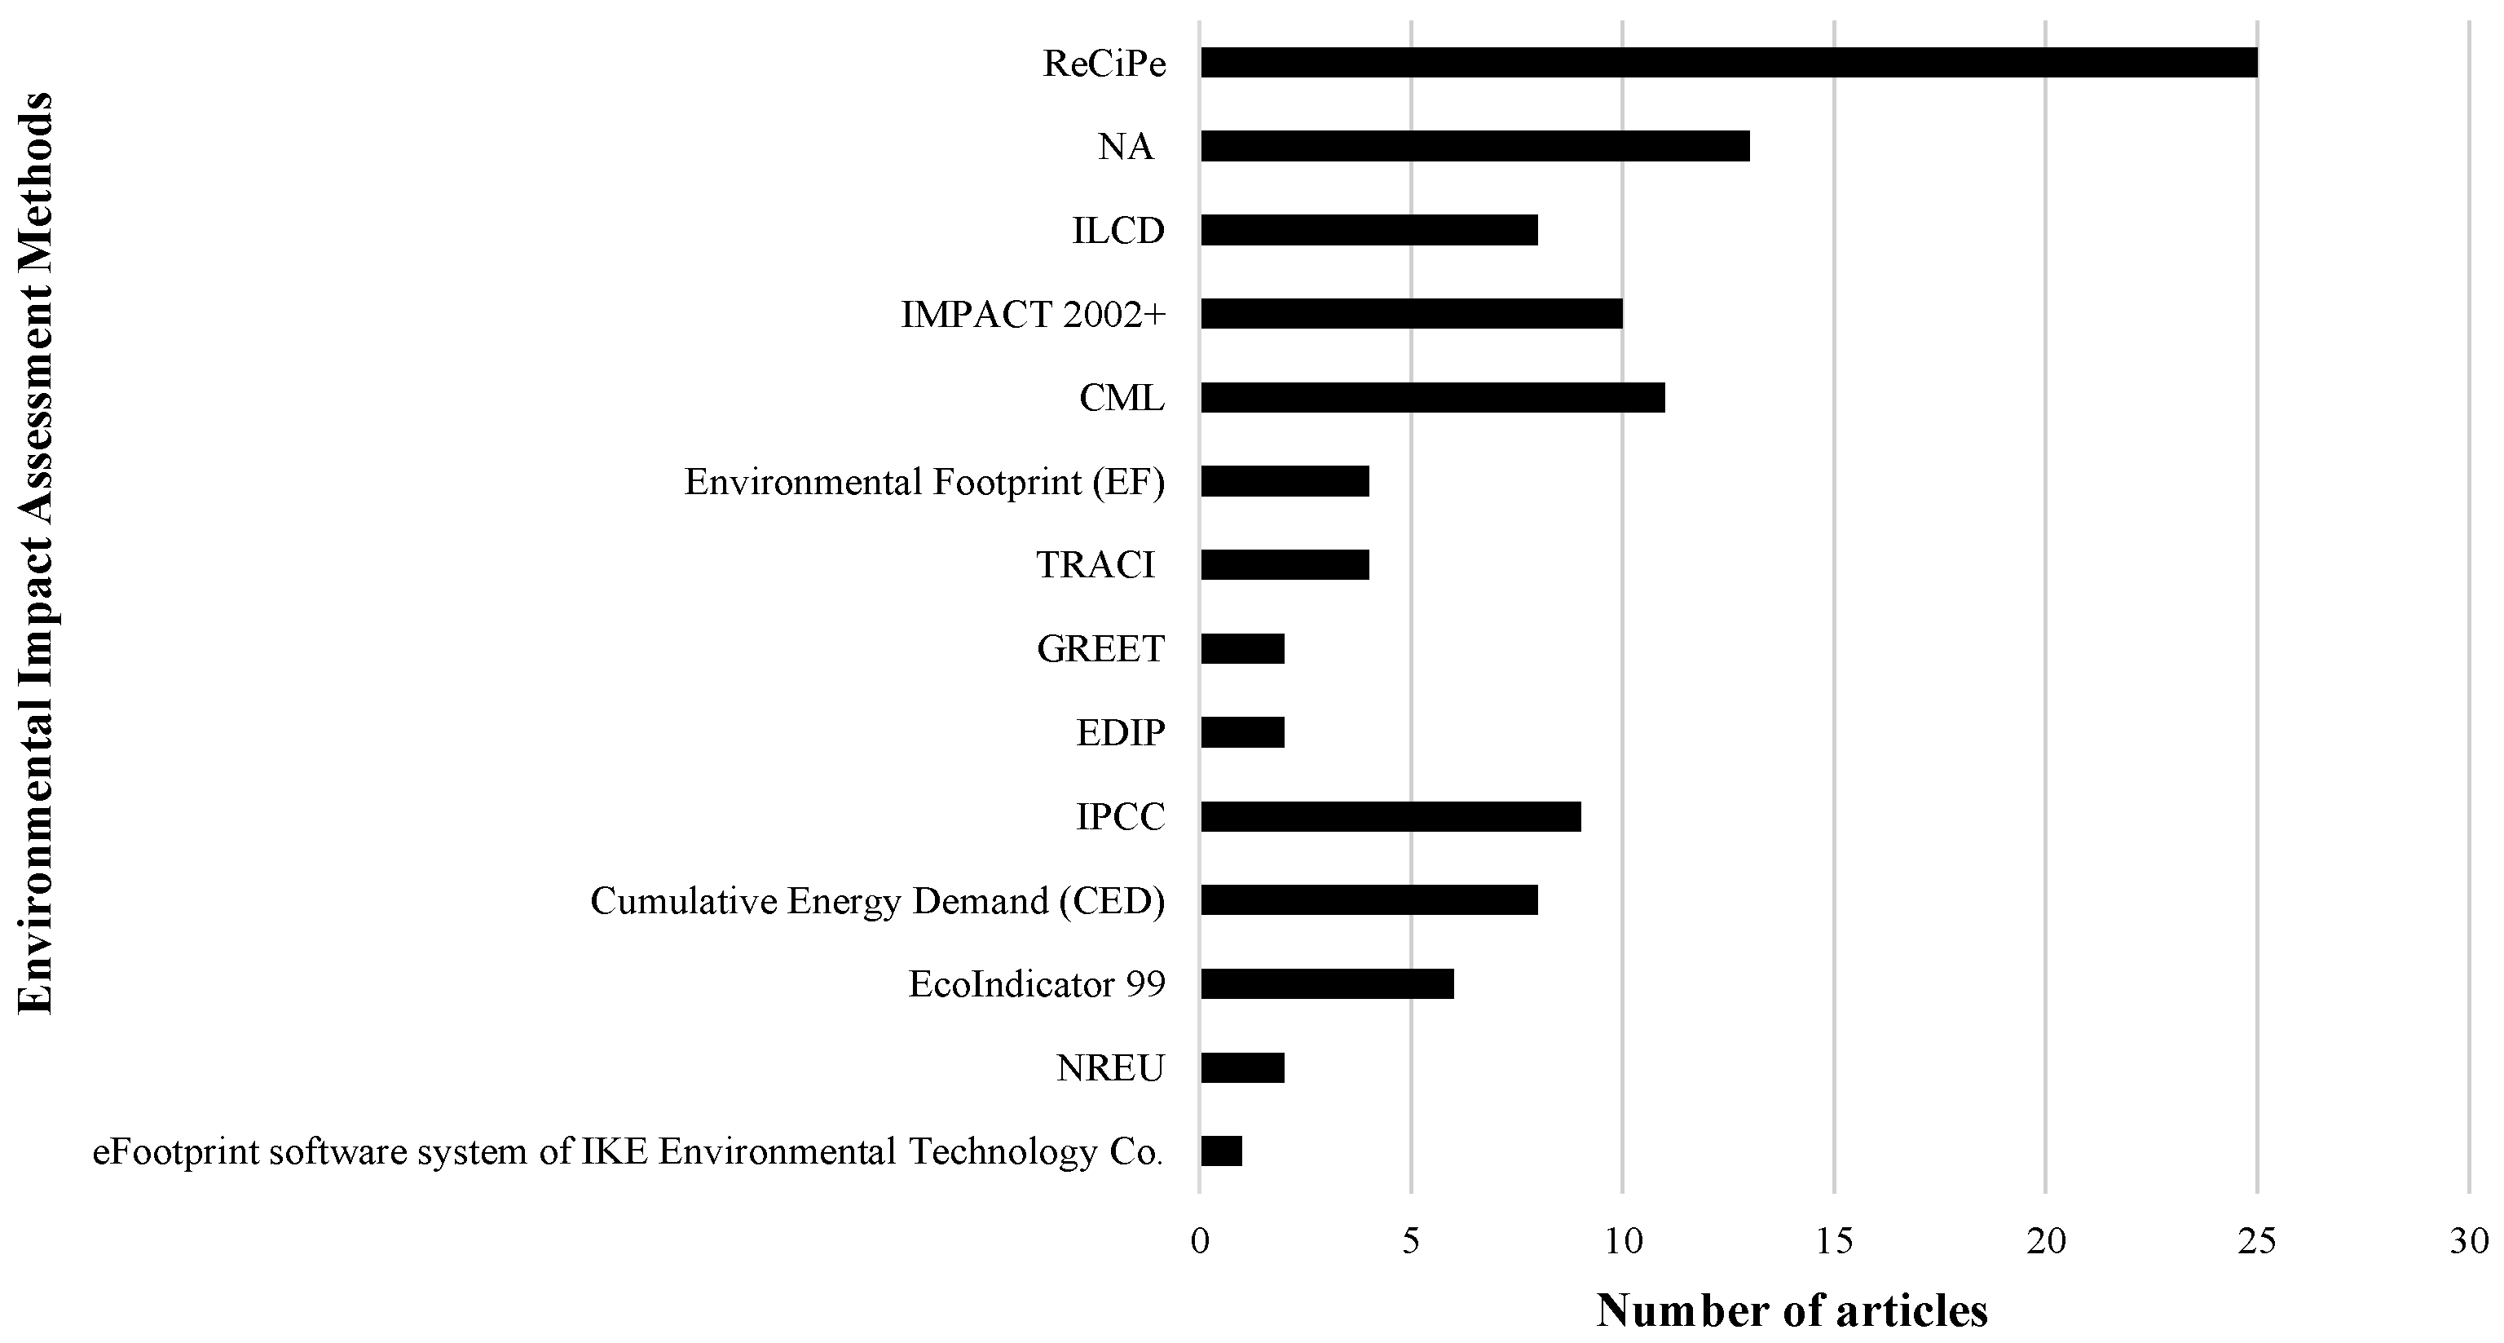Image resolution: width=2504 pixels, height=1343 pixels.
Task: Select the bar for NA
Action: (x=1475, y=147)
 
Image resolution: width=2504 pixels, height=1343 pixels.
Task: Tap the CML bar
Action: (x=1432, y=398)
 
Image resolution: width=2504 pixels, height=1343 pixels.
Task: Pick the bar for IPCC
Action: (x=1390, y=817)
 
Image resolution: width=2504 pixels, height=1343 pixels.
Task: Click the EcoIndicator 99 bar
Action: (x=1327, y=984)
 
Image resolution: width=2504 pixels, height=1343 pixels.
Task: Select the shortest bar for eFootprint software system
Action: (x=1221, y=1151)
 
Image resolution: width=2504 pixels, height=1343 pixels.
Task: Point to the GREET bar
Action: (x=1242, y=648)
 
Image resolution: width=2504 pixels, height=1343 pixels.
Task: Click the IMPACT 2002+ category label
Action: (x=1032, y=314)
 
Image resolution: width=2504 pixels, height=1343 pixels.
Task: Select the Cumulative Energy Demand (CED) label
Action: (x=877, y=902)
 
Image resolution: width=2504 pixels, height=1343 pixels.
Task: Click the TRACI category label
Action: (x=1095, y=565)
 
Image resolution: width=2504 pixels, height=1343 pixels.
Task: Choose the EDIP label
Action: (x=1120, y=733)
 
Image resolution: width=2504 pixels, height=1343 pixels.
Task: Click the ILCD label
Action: (x=1118, y=232)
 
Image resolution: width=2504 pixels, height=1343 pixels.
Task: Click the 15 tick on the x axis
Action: (x=1833, y=1241)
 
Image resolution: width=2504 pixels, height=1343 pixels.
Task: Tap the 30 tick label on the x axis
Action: (x=2468, y=1241)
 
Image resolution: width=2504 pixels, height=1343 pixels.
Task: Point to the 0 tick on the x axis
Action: (x=1200, y=1241)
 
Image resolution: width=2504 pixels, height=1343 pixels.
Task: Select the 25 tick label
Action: (x=2256, y=1241)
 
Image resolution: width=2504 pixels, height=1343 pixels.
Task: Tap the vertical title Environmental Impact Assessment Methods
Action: (x=36, y=552)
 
